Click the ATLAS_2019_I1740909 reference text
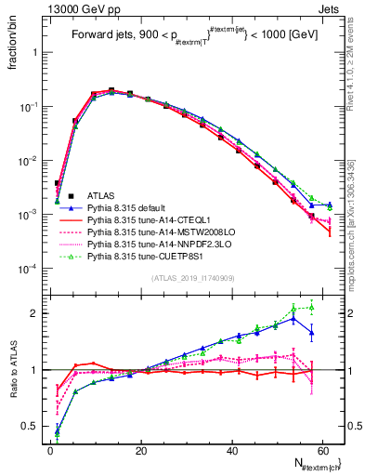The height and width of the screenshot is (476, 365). coord(194,278)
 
